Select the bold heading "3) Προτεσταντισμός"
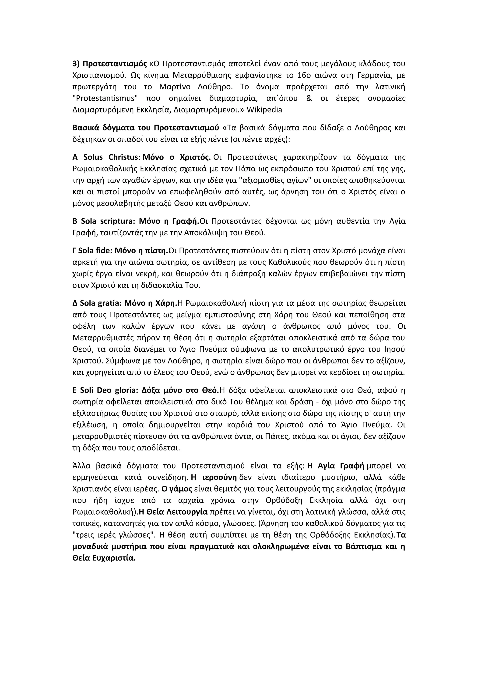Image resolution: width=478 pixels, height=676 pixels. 109,64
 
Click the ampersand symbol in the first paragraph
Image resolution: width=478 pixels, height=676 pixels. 309,98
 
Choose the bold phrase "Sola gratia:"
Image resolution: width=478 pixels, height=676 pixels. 100,303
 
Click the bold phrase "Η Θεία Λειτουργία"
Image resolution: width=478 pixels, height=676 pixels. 173,512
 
